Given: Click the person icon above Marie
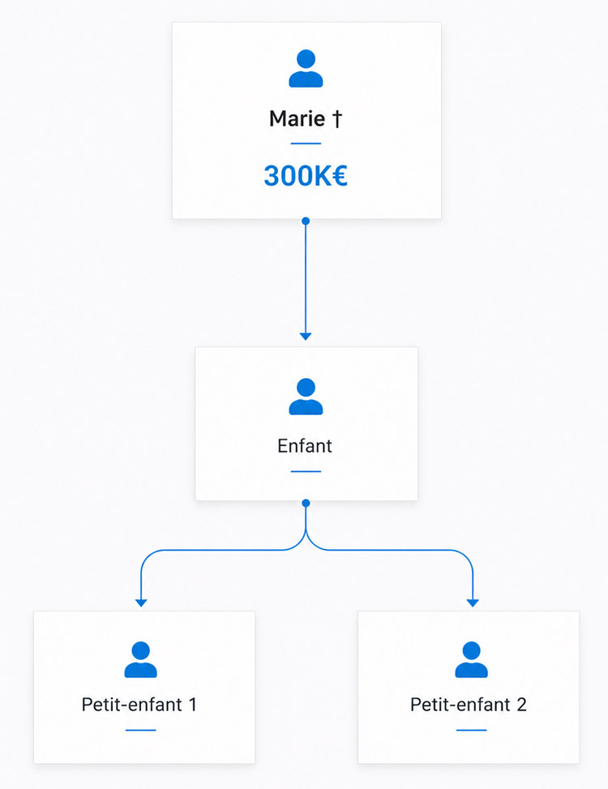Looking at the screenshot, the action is tap(306, 68).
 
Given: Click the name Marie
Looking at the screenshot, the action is tap(298, 118).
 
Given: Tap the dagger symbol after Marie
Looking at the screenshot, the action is tap(337, 118).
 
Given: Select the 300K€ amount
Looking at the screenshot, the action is tap(306, 176).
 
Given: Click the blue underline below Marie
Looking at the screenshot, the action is tap(306, 144).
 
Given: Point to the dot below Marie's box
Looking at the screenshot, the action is tap(306, 221).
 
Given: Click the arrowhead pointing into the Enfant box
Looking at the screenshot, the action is tap(306, 337).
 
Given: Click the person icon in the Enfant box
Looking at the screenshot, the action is tap(306, 397).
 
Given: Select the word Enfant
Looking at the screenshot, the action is tap(305, 446).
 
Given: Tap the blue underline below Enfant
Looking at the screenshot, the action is tap(306, 471).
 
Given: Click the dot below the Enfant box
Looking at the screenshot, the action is tap(306, 504).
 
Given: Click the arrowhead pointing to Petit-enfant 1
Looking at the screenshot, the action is tap(141, 602).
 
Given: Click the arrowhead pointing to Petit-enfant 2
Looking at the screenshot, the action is tap(473, 602).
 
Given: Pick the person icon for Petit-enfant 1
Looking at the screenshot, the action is tap(141, 660).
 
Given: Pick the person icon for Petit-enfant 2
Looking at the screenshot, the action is tap(471, 660).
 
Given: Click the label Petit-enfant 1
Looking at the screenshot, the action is tap(139, 705).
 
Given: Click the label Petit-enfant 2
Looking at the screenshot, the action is tap(469, 705).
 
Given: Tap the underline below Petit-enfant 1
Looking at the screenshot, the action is tap(141, 730).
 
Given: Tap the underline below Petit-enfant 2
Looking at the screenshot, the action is tap(471, 730).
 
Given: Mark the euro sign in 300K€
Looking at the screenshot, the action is tap(339, 176).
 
